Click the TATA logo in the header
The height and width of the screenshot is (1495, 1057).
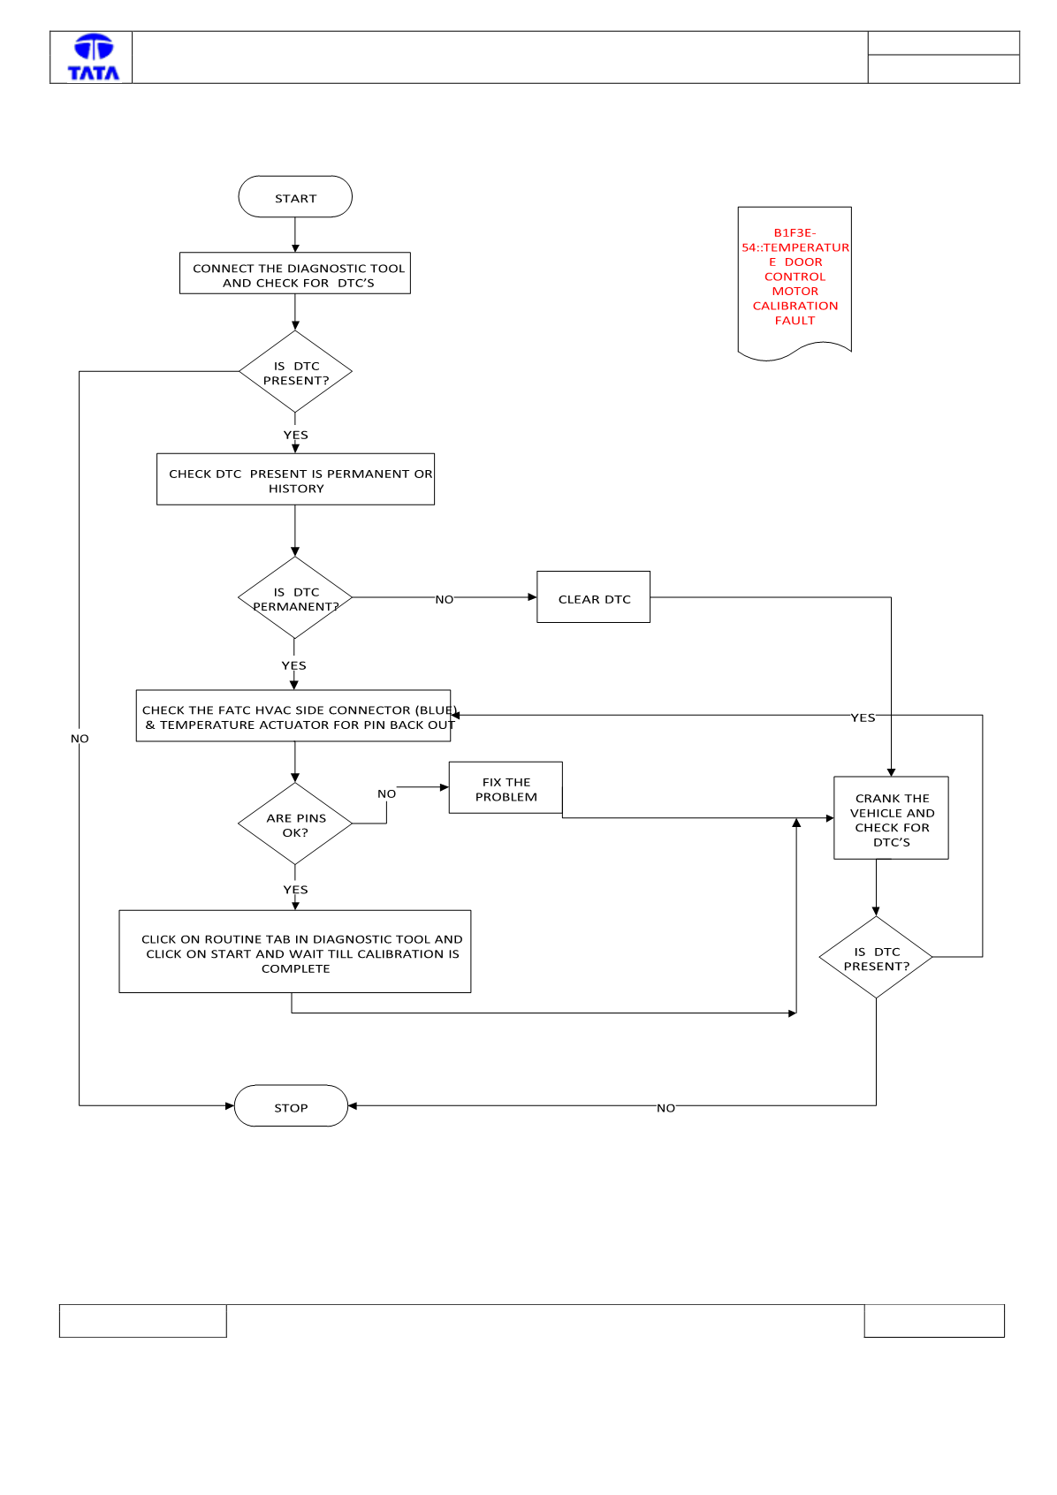pyautogui.click(x=94, y=57)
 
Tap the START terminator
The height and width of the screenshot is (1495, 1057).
pyautogui.click(x=295, y=197)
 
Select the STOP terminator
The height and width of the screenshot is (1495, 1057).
pyautogui.click(x=291, y=1106)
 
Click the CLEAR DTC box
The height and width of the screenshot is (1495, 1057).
pyautogui.click(x=594, y=597)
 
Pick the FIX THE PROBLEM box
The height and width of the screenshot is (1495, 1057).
pyautogui.click(x=506, y=788)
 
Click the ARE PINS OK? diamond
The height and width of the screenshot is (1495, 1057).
pyautogui.click(x=295, y=823)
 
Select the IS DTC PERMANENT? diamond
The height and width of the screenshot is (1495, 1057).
pyautogui.click(x=295, y=597)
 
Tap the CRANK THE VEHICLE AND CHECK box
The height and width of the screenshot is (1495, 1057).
pyautogui.click(x=892, y=818)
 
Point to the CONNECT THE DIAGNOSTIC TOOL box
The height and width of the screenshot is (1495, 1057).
pyautogui.click(x=295, y=273)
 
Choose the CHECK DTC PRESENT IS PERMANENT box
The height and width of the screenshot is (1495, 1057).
pyautogui.click(x=295, y=479)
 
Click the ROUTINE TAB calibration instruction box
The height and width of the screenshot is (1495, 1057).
pyautogui.click(x=295, y=952)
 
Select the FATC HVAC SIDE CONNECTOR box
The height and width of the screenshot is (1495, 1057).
pyautogui.click(x=293, y=716)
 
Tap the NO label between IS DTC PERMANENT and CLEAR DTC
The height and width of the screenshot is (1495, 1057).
pyautogui.click(x=444, y=599)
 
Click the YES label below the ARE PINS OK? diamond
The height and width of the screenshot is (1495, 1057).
pyautogui.click(x=295, y=890)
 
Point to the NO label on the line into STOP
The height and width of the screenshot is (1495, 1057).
pyautogui.click(x=665, y=1108)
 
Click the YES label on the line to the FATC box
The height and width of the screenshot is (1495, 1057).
pyautogui.click(x=863, y=718)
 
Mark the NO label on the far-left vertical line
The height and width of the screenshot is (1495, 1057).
pyautogui.click(x=80, y=739)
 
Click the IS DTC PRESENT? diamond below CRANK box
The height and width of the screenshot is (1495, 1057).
pyautogui.click(x=876, y=958)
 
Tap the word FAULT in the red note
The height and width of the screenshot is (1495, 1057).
pyautogui.click(x=795, y=321)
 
